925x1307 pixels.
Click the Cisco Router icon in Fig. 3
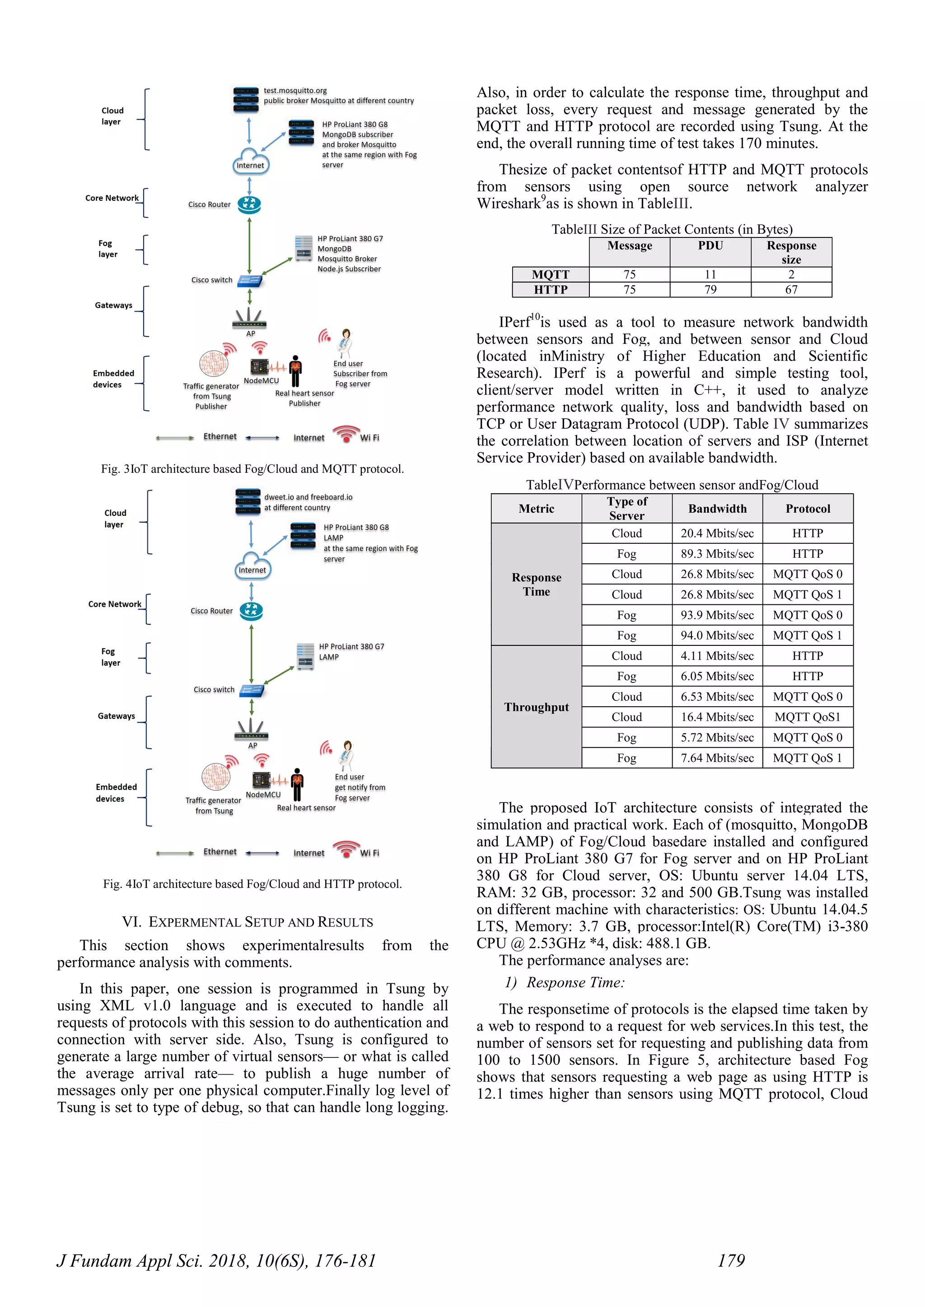[x=249, y=204]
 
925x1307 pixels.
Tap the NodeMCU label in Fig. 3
[x=262, y=381]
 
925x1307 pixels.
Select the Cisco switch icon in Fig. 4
[x=252, y=691]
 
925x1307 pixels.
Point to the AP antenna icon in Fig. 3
[x=249, y=319]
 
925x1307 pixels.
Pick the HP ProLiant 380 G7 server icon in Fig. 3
[x=304, y=248]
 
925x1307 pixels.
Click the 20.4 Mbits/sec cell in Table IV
[x=717, y=533]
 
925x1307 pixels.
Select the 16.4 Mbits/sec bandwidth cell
[x=717, y=717]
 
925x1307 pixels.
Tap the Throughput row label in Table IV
[x=536, y=707]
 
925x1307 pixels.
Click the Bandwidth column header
[x=717, y=509]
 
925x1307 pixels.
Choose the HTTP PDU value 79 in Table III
[x=710, y=290]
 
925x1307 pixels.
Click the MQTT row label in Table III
[x=550, y=274]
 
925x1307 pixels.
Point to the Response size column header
[x=791, y=252]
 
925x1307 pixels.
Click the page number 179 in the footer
[x=731, y=1261]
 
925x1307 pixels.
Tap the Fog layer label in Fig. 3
[x=107, y=249]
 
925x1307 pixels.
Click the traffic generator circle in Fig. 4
[x=215, y=778]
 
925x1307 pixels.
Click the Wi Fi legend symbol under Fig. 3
[x=346, y=435]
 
